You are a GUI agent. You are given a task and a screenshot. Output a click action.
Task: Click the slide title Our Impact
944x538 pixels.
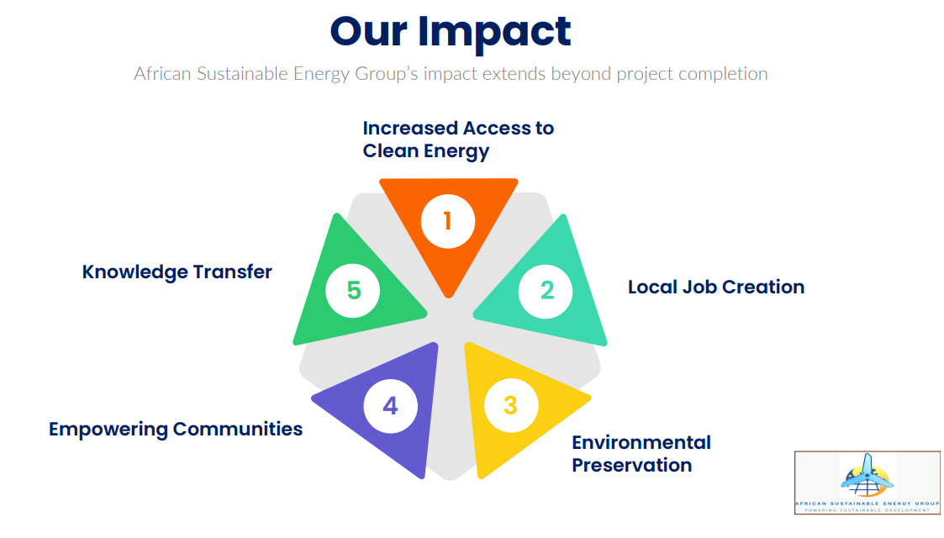451,31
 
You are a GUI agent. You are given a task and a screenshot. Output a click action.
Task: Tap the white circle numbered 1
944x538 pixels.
448,221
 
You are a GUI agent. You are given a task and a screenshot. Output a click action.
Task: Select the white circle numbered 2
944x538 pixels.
546,291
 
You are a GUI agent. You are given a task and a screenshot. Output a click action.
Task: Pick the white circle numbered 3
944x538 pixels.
511,405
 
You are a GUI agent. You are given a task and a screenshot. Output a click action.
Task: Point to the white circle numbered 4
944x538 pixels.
391,406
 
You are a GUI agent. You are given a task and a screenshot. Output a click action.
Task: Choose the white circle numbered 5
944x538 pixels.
353,290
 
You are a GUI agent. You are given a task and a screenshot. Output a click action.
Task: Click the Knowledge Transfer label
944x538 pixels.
177,272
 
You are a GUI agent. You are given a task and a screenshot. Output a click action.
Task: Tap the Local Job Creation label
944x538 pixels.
716,287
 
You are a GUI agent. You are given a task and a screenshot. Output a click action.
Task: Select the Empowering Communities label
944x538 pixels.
176,429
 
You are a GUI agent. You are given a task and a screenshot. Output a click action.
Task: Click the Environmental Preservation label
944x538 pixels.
641,454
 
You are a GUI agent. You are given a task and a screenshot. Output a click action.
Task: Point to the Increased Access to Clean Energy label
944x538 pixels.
458,140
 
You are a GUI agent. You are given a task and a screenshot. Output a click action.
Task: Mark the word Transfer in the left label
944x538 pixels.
232,272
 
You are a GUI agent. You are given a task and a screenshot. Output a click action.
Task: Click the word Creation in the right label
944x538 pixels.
762,287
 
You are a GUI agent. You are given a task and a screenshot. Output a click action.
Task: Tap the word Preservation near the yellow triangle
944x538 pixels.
631,465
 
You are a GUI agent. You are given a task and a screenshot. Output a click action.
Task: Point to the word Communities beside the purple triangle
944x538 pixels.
238,429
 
